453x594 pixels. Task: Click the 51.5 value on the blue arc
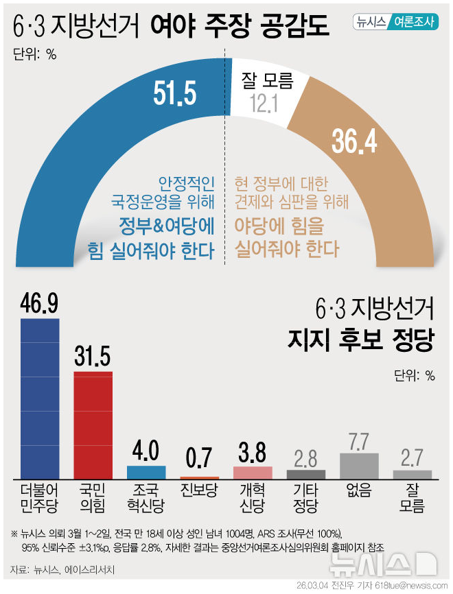[175, 94]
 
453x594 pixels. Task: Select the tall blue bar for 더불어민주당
[40, 398]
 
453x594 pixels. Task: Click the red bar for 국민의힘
[93, 425]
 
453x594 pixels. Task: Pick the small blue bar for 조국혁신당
[146, 472]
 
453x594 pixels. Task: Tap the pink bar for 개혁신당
[253, 472]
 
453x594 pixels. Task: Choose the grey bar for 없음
[359, 465]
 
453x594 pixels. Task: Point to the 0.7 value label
[199, 457]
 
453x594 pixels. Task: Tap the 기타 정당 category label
[305, 499]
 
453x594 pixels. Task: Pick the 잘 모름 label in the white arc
[267, 82]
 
